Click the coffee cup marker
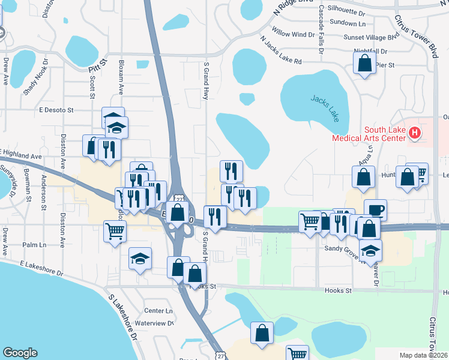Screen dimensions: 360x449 (x=375, y=209)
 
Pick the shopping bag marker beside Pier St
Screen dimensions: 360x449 (x=364, y=62)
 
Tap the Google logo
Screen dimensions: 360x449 (x=20, y=353)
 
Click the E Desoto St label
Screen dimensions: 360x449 (x=56, y=110)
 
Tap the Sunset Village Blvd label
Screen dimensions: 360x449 (x=371, y=37)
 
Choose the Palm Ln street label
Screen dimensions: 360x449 (x=34, y=245)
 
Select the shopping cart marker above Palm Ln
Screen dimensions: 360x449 (x=115, y=230)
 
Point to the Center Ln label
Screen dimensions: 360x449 (x=158, y=311)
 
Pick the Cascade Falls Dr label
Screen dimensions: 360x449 (x=321, y=25)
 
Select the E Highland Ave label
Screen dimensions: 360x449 (x=22, y=154)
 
